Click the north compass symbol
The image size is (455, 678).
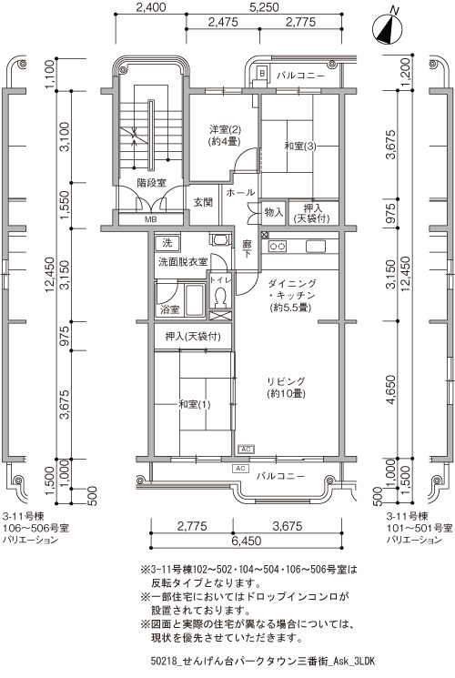pos(387,29)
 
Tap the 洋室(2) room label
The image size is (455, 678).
pos(225,129)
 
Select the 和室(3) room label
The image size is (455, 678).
pos(300,147)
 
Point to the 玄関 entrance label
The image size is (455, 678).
pos(203,202)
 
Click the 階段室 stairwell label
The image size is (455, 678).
pos(151,183)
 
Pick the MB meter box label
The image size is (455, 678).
pos(150,219)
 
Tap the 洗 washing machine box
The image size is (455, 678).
pos(167,243)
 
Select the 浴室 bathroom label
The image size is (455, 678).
pos(169,309)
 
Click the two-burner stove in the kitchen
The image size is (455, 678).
pos(278,247)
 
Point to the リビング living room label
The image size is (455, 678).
pos(286,381)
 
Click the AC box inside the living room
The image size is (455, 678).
pos(246,450)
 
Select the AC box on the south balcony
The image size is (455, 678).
pos(240,469)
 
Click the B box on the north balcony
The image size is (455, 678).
pos(262,74)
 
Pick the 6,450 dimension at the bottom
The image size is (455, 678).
pos(246,541)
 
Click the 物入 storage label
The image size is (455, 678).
pos(273,212)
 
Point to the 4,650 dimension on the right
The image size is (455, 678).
pos(390,390)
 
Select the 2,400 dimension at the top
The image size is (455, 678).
pos(151,7)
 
